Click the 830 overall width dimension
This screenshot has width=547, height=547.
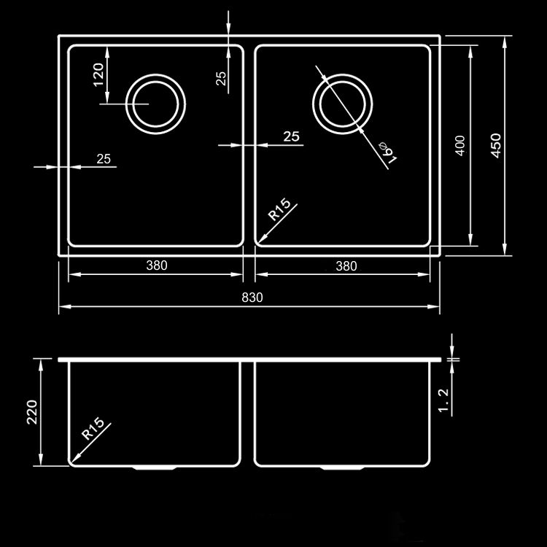(252, 298)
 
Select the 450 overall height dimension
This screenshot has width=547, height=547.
(496, 145)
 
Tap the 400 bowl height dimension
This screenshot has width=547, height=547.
(460, 145)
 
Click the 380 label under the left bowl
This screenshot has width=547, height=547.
(157, 265)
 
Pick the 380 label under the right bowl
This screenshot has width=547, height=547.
(346, 266)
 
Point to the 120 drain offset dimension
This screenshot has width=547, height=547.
(98, 74)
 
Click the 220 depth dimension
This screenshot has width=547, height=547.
(32, 412)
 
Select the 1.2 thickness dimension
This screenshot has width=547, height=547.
(443, 400)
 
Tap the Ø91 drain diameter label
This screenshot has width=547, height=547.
(388, 152)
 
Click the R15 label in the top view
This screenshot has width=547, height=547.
(279, 209)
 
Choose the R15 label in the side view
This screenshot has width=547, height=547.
(93, 428)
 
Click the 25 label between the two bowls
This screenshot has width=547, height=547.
(291, 136)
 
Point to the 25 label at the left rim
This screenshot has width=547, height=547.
(104, 159)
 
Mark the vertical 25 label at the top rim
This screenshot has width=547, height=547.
(221, 79)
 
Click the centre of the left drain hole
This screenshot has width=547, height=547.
(155, 104)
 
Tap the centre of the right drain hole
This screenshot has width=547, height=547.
(343, 104)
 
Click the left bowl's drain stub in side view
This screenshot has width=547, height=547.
(154, 468)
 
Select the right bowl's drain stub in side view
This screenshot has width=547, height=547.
(342, 468)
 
